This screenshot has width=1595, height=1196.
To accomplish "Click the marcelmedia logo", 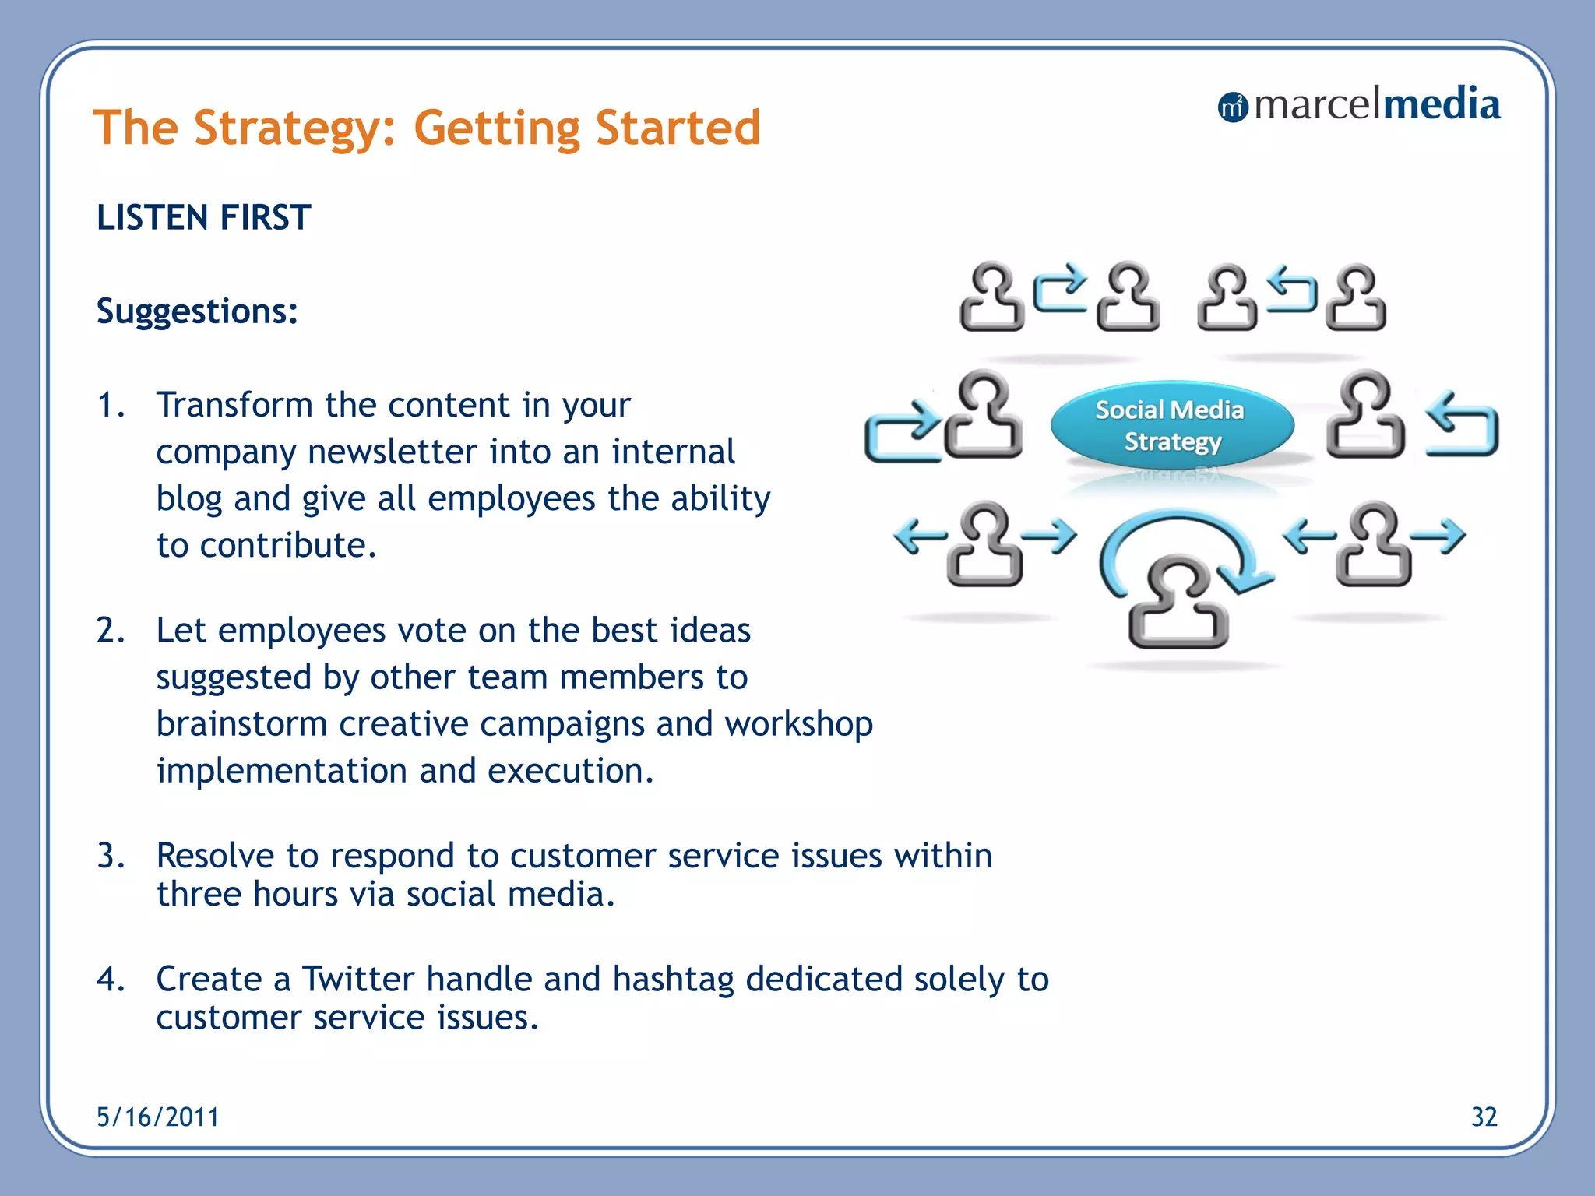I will pyautogui.click(x=1358, y=105).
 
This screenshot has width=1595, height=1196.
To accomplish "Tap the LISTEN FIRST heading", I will pyautogui.click(x=203, y=217).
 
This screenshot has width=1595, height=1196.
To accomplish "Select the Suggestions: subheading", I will pyautogui.click(x=197, y=311).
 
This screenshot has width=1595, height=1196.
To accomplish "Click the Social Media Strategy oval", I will pyautogui.click(x=1171, y=426).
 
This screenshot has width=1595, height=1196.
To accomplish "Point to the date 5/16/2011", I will pyautogui.click(x=157, y=1117).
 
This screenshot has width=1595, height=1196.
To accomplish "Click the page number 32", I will pyautogui.click(x=1484, y=1117).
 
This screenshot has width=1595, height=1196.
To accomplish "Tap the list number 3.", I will pyautogui.click(x=110, y=856).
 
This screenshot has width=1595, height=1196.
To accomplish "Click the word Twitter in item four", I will pyautogui.click(x=357, y=979).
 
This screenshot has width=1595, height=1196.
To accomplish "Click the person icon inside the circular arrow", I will pyautogui.click(x=1178, y=603).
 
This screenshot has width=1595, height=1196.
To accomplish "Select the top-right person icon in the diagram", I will pyautogui.click(x=1357, y=299).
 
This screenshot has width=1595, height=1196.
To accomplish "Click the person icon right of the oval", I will pyautogui.click(x=1364, y=416).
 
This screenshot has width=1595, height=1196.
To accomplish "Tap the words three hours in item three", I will pyautogui.click(x=248, y=894).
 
